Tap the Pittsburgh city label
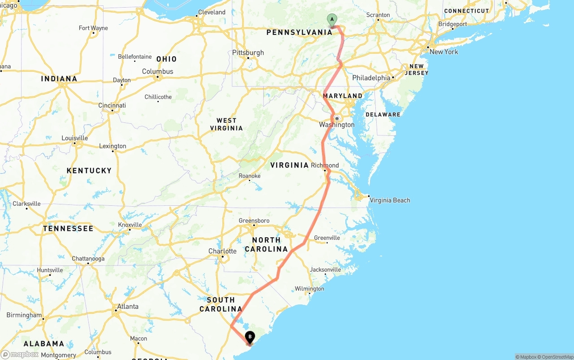pyautogui.click(x=248, y=52)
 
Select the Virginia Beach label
pyautogui.click(x=389, y=200)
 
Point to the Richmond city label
pyautogui.click(x=325, y=165)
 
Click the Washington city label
pyautogui.click(x=337, y=125)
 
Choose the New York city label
pyautogui.click(x=444, y=52)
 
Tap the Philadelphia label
pyautogui.click(x=371, y=78)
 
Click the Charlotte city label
pyautogui.click(x=222, y=251)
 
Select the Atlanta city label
pyautogui.click(x=128, y=307)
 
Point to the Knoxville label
pyautogui.click(x=130, y=225)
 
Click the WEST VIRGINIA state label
pyautogui.click(x=226, y=124)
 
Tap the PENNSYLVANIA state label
pyautogui.click(x=300, y=32)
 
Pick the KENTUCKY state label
pyautogui.click(x=89, y=170)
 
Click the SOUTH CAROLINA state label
pyautogui.click(x=221, y=304)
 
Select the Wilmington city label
pyautogui.click(x=309, y=289)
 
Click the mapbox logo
pyautogui.click(x=20, y=354)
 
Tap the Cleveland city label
pyautogui.click(x=212, y=12)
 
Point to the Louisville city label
pyautogui.click(x=75, y=138)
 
